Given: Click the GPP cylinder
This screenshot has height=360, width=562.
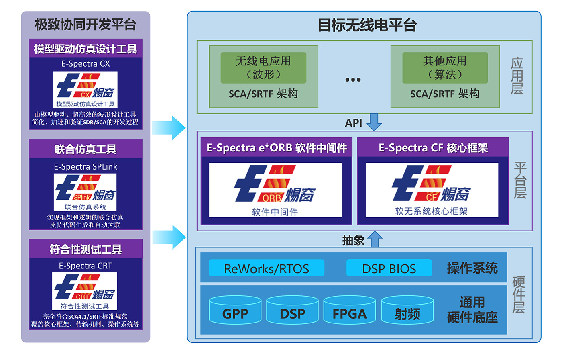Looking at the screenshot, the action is pyautogui.click(x=235, y=310).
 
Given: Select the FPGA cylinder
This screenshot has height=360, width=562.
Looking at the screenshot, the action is pyautogui.click(x=350, y=310).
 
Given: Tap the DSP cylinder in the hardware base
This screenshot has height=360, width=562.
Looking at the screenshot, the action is pyautogui.click(x=292, y=310).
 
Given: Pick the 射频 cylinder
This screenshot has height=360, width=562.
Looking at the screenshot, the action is pyautogui.click(x=407, y=310).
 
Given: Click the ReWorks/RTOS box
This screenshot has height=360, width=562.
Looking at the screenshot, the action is pyautogui.click(x=267, y=268).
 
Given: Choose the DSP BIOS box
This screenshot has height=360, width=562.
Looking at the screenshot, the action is pyautogui.click(x=389, y=268).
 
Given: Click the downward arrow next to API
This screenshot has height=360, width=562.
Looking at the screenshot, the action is pyautogui.click(x=374, y=122).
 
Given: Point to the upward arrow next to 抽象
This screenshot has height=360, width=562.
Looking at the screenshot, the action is pyautogui.click(x=375, y=239).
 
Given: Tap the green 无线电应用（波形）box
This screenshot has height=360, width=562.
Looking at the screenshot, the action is pyautogui.click(x=263, y=68).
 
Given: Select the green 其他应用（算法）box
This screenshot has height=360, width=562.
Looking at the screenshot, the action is pyautogui.click(x=445, y=68).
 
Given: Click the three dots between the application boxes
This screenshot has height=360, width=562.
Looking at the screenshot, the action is pyautogui.click(x=353, y=80).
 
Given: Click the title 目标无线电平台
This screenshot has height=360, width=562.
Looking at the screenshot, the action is pyautogui.click(x=367, y=25).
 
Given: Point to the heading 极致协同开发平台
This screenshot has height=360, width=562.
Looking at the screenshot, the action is pyautogui.click(x=86, y=25).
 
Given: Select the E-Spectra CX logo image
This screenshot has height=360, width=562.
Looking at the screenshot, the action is pyautogui.click(x=85, y=90).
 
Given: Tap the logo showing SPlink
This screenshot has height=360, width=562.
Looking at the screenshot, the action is pyautogui.click(x=85, y=192).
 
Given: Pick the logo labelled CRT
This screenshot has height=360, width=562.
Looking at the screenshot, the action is pyautogui.click(x=85, y=291).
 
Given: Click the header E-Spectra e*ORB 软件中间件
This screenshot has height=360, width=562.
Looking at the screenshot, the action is pyautogui.click(x=277, y=147).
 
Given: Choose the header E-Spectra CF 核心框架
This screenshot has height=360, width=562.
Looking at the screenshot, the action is pyautogui.click(x=433, y=147).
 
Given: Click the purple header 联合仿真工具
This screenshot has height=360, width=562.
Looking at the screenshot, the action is pyautogui.click(x=86, y=149).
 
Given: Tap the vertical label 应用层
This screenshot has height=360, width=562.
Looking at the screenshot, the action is pyautogui.click(x=517, y=76).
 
